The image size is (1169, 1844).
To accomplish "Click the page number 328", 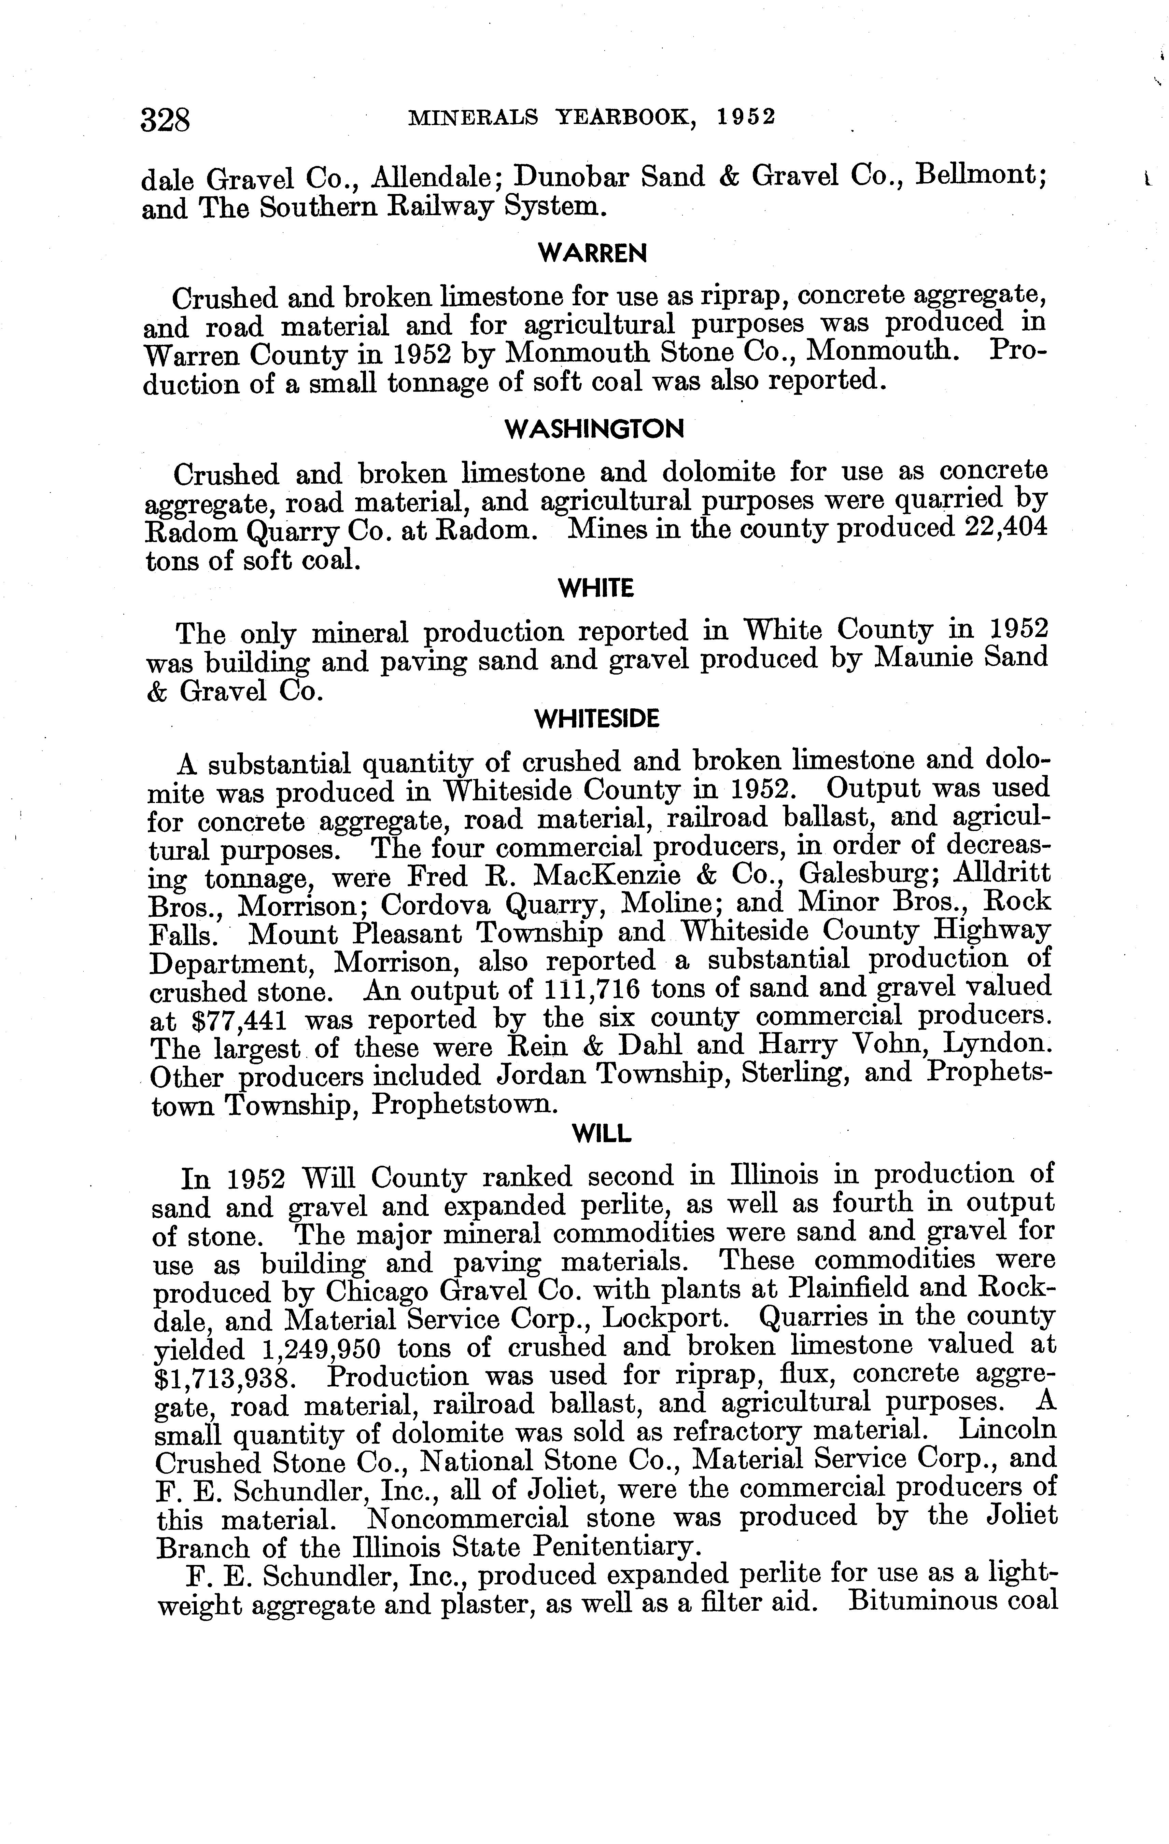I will pos(165,120).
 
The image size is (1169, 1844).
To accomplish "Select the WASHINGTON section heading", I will pos(594,430).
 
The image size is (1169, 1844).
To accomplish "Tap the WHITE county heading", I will pos(596,589).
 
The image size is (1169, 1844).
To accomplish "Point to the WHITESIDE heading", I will pos(596,719).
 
